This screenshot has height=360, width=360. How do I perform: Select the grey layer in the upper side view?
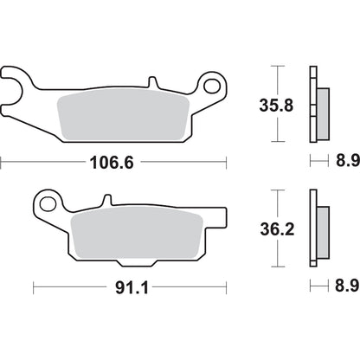[x=323, y=112]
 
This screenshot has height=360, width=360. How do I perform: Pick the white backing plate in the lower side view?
[x=313, y=230]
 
